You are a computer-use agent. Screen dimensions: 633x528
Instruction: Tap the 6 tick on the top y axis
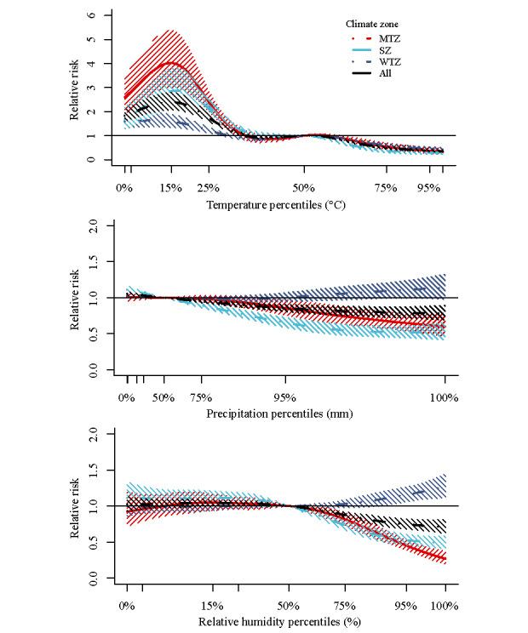(103, 16)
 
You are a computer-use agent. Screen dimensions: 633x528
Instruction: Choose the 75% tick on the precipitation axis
(201, 396)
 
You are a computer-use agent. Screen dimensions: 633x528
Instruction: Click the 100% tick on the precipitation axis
(444, 396)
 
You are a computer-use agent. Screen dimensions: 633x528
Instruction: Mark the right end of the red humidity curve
(444, 559)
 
